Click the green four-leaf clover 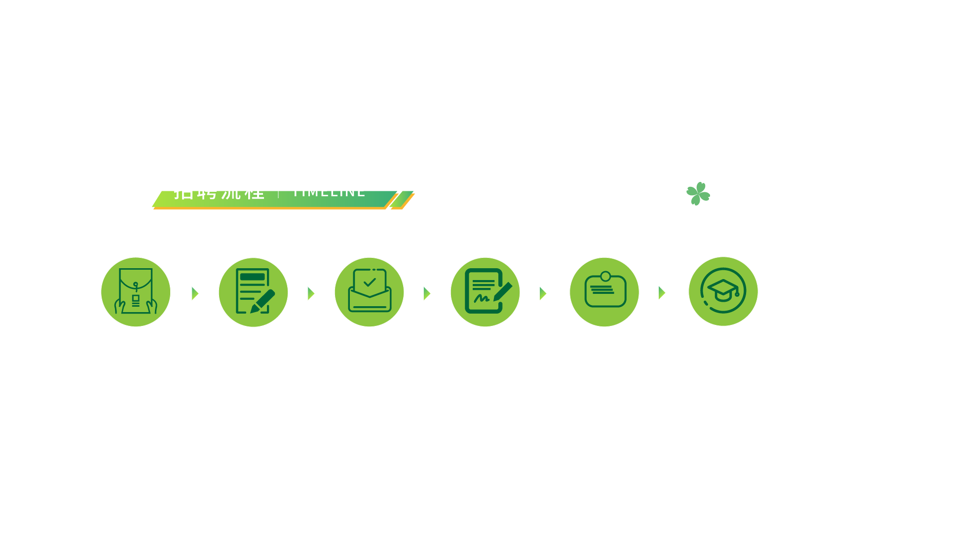[x=698, y=194]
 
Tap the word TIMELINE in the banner [x=329, y=193]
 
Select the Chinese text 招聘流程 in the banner [x=219, y=194]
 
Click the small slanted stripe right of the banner [x=402, y=200]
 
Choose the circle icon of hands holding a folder [x=136, y=292]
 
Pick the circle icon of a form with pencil [x=253, y=292]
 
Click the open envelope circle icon [x=369, y=292]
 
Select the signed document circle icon [x=485, y=292]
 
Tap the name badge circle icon [x=604, y=292]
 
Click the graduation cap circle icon [x=723, y=291]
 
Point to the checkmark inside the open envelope [x=370, y=283]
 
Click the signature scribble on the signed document [x=481, y=298]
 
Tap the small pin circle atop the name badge [x=605, y=276]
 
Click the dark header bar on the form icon [x=253, y=277]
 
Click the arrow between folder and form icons [x=195, y=293]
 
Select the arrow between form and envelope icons [x=311, y=293]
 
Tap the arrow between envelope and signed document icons [x=427, y=293]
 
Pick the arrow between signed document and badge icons [x=543, y=293]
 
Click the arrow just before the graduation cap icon [x=662, y=293]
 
